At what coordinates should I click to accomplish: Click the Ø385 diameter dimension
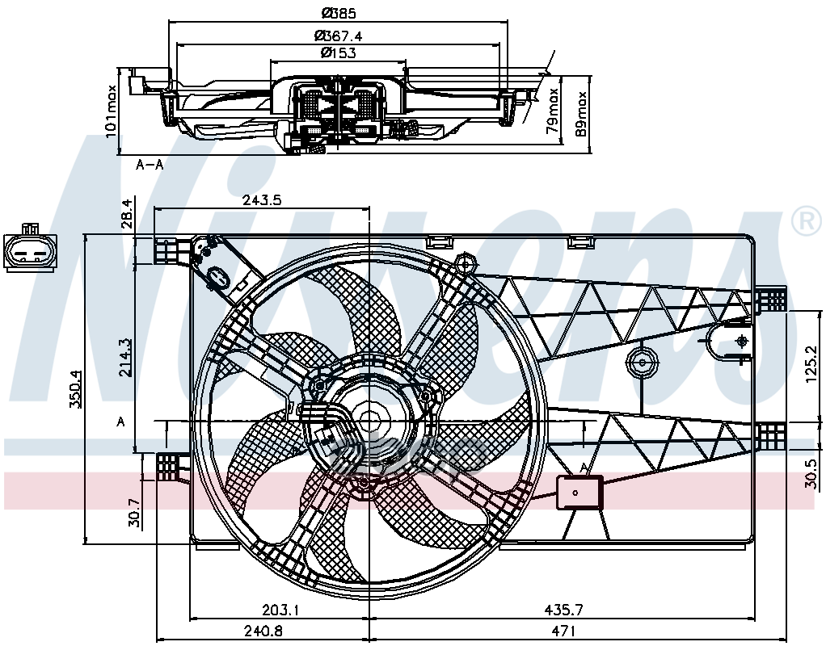click(x=339, y=13)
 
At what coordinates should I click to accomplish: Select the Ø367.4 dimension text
click(x=339, y=35)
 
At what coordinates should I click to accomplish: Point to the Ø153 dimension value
click(x=339, y=52)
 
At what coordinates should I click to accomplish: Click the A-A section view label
click(x=150, y=165)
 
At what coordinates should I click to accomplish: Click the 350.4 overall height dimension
click(x=75, y=389)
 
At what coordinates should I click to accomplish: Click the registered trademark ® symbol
click(x=805, y=222)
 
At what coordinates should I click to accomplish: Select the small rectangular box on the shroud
click(x=579, y=492)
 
